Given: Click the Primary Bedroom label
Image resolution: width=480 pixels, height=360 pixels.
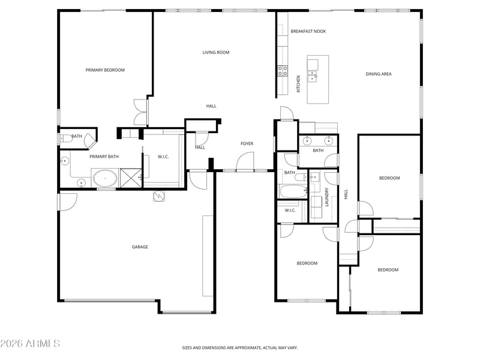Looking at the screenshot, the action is click(x=105, y=70).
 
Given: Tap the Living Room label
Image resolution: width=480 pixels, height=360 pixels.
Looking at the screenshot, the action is click(x=216, y=52).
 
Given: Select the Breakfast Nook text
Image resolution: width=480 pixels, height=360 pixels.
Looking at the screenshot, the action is click(x=308, y=31).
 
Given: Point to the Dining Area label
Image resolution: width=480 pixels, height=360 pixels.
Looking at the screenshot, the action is click(x=379, y=74).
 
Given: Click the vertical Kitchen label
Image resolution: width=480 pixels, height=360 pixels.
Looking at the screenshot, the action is click(x=298, y=83).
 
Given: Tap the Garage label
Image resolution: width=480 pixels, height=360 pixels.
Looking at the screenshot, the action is click(x=140, y=247).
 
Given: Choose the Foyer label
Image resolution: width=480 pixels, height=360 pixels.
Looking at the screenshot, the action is click(x=247, y=143).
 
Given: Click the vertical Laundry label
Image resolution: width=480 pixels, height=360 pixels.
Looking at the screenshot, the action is click(x=326, y=197).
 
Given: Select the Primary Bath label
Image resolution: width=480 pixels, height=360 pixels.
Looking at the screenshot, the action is click(x=104, y=157).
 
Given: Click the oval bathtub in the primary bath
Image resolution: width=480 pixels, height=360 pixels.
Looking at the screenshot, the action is click(x=105, y=178).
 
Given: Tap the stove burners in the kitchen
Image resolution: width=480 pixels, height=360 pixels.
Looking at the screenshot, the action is click(x=282, y=71).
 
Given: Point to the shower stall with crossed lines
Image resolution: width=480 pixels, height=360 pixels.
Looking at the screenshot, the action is click(x=131, y=178).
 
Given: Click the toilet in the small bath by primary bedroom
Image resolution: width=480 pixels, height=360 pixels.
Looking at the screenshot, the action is click(x=65, y=139).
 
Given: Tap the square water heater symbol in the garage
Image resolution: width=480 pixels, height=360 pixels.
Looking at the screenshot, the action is click(x=158, y=196).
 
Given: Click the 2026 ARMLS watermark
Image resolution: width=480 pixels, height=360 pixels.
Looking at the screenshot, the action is click(x=30, y=343).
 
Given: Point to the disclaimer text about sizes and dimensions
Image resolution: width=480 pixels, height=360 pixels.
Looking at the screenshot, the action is click(x=239, y=348).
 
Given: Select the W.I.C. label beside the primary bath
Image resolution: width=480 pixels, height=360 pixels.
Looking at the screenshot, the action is click(x=163, y=157).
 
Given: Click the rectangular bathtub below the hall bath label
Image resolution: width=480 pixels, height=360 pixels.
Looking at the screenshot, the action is click(x=292, y=191).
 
